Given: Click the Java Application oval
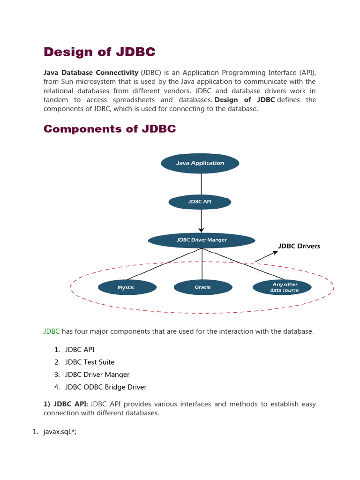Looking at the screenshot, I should pos(200,163).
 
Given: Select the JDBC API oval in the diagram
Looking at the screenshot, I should pos(200,202).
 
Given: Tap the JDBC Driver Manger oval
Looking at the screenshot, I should pos(202,240).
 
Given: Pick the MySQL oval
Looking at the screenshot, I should pos(127,287).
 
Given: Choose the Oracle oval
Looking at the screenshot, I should pos(202,287).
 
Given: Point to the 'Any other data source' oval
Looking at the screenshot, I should pos(282,287).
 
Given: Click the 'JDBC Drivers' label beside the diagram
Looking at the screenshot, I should pos(299,246).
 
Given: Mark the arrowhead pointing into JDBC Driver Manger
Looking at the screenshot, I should pos(202,230).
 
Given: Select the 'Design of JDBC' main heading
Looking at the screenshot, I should pos(99,52).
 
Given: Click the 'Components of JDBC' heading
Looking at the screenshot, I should pos(110,129).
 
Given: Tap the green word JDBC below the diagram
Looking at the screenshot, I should pos(52,331).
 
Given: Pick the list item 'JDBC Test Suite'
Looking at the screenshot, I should pos(90,362).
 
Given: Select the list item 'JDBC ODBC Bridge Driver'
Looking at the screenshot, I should pos(105,387).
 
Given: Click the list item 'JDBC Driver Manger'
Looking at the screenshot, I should pos(97,375).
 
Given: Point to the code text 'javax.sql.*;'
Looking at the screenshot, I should pos(60,432).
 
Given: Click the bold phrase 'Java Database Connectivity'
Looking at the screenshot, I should pos(90,73).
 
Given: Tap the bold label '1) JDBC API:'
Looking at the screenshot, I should pos(66,404).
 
